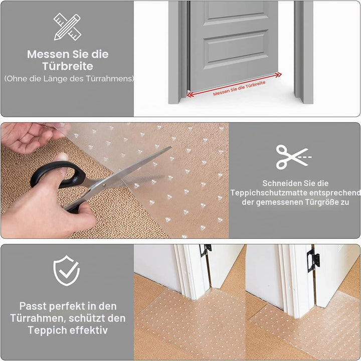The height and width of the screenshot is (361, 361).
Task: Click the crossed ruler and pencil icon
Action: pyautogui.click(x=67, y=27)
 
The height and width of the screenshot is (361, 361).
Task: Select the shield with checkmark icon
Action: pyautogui.click(x=66, y=271)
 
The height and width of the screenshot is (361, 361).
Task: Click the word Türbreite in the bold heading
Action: pyautogui.click(x=68, y=66)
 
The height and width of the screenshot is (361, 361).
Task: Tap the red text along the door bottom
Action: pyautogui.click(x=239, y=88)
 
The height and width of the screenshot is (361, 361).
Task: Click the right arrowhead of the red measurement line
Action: pyautogui.click(x=279, y=75)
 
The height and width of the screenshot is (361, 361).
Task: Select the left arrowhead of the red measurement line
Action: pyautogui.click(x=190, y=95)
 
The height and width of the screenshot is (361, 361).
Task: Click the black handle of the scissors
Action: pyautogui.click(x=58, y=175)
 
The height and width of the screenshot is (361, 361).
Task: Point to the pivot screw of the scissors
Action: pyautogui.click(x=104, y=185)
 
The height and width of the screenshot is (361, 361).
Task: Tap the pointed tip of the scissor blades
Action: pyautogui.click(x=170, y=147)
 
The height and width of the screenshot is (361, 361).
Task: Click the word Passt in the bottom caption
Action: pyautogui.click(x=33, y=306)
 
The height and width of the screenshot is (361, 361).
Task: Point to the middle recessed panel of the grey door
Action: pyautogui.click(x=236, y=49)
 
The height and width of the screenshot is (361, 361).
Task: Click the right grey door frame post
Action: pyautogui.click(x=303, y=52)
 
